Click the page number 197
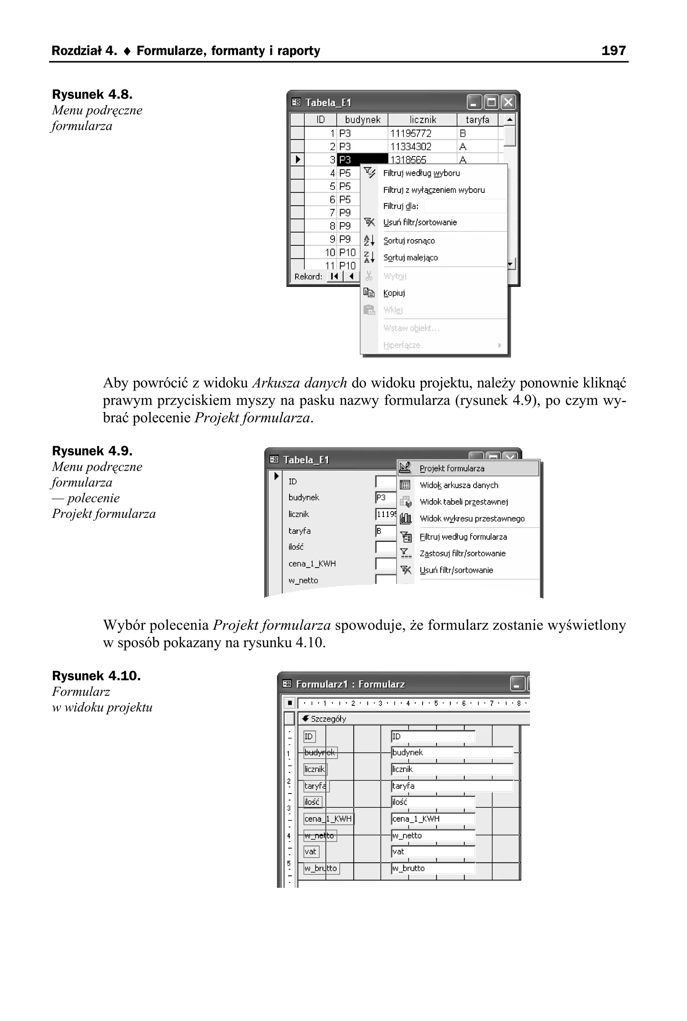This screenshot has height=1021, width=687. click(x=614, y=51)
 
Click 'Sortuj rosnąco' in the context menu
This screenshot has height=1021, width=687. click(x=409, y=240)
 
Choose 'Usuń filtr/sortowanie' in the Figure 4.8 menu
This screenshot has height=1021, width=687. click(x=420, y=222)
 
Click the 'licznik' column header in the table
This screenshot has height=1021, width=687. click(x=422, y=119)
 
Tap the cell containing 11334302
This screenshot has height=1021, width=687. click(x=411, y=146)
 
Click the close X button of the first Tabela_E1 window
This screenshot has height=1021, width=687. click(x=508, y=103)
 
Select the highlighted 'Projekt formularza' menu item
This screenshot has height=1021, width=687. click(x=452, y=468)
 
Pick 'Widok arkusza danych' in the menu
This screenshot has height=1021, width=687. click(x=459, y=485)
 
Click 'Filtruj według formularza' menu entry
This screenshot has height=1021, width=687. click(x=463, y=537)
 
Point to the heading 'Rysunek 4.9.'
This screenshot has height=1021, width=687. click(x=92, y=451)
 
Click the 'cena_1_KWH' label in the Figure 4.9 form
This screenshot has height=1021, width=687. click(x=312, y=563)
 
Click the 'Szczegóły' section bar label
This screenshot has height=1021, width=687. click(x=328, y=719)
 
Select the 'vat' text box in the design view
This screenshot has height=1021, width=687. click(x=432, y=852)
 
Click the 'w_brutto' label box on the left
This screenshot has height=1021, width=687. click(x=321, y=868)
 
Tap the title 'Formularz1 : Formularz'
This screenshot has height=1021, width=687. click(x=350, y=684)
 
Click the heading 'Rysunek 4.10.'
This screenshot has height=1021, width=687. click(x=96, y=676)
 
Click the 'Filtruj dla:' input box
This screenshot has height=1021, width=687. click(x=464, y=206)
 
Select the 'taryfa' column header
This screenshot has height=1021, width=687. click(x=477, y=119)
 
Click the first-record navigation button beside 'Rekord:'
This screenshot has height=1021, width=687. click(x=335, y=276)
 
